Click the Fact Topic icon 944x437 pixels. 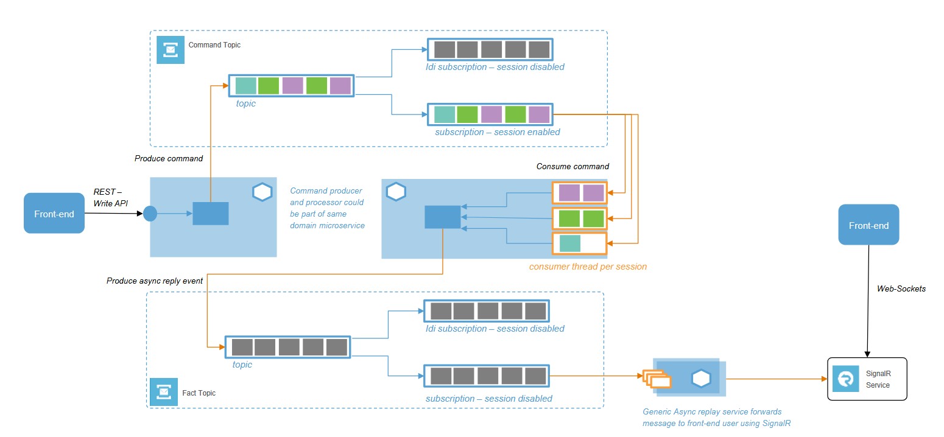[x=163, y=393]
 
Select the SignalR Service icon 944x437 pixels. [x=845, y=379]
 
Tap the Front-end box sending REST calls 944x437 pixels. [x=54, y=213]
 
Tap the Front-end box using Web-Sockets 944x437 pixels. [x=868, y=225]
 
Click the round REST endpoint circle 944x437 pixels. [x=150, y=214]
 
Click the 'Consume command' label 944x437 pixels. [x=572, y=166]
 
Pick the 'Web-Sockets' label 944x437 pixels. [x=901, y=288]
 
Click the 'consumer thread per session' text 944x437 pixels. [x=588, y=267]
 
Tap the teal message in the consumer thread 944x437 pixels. [x=570, y=243]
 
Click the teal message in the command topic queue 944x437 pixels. [x=246, y=86]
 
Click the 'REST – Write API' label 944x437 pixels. [x=111, y=197]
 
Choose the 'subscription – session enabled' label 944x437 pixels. [x=497, y=131]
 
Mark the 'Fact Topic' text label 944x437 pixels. [x=199, y=393]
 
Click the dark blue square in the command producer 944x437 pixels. [x=210, y=214]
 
